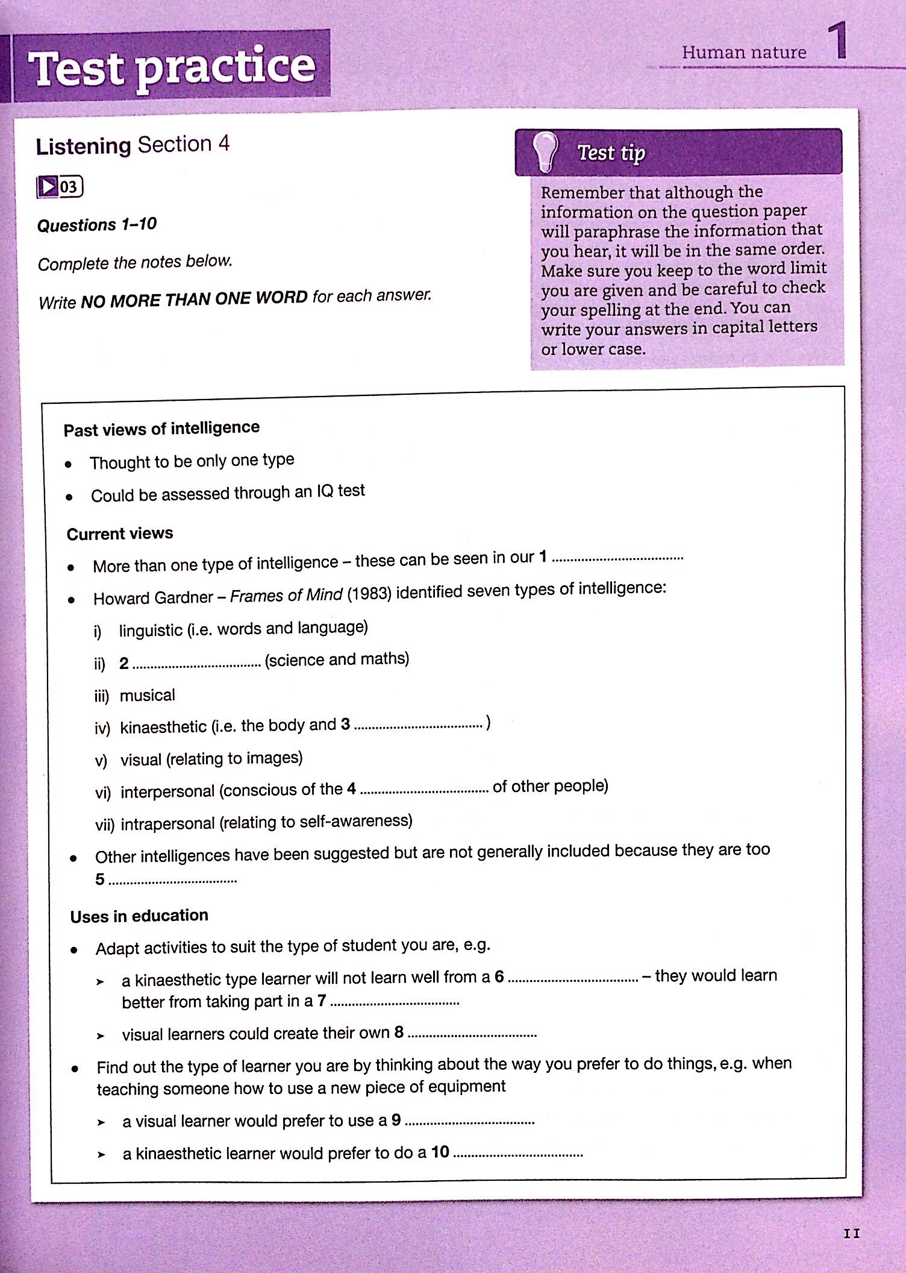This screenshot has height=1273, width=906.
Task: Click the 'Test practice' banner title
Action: pos(172,68)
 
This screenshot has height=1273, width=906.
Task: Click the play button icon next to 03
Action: pos(48,187)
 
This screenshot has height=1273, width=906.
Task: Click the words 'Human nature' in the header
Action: pos(743,53)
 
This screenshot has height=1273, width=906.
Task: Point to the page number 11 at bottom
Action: pos(851,1233)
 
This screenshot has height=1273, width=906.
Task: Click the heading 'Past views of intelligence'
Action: pos(161,429)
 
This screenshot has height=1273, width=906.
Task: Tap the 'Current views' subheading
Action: pos(120,533)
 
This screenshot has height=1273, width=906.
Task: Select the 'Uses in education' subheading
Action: pos(139,916)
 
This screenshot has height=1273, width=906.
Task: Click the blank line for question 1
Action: pos(617,559)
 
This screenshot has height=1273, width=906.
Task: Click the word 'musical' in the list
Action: pos(148,695)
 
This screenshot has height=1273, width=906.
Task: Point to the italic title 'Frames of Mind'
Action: pos(286,596)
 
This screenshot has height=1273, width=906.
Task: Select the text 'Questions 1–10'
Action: pos(97,225)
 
